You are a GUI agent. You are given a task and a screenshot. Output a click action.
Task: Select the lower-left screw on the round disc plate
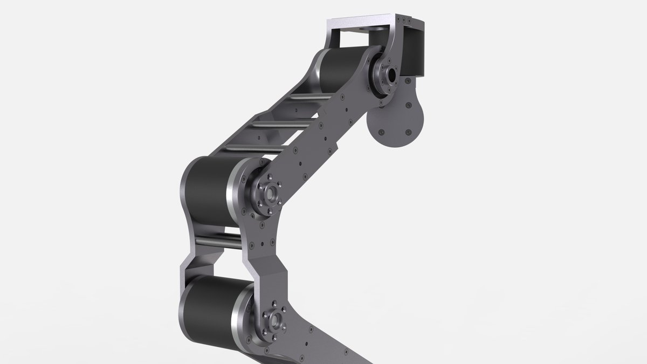coord(381,132)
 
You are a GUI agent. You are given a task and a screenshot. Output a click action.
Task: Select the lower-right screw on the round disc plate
coord(407,131)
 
